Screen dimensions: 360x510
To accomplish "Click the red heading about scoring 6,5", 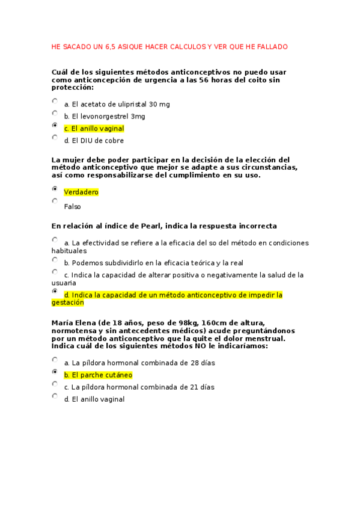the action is coord(170,46).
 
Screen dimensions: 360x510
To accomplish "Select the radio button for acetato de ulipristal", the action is coord(55,102).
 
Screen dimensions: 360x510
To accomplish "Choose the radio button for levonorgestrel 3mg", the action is coord(55,114).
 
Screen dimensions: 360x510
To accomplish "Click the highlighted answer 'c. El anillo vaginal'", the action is coord(94,128).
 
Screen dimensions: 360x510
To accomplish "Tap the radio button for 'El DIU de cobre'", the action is coord(55,138).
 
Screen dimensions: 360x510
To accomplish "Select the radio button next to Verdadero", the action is coord(55,189).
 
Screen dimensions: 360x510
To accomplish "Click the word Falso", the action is coord(72,206).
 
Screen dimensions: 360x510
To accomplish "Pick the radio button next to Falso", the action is coord(55,201).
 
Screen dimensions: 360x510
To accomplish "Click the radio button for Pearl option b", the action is coord(55,260).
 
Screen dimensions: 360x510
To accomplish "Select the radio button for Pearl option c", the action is coord(55,272).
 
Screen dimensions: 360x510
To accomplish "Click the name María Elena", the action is coord(74,323).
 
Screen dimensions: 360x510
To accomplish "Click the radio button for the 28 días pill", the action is coord(55,360).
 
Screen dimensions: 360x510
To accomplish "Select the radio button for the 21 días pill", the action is coord(55,384).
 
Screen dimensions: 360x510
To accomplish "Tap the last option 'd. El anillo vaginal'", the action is coord(94,399).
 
